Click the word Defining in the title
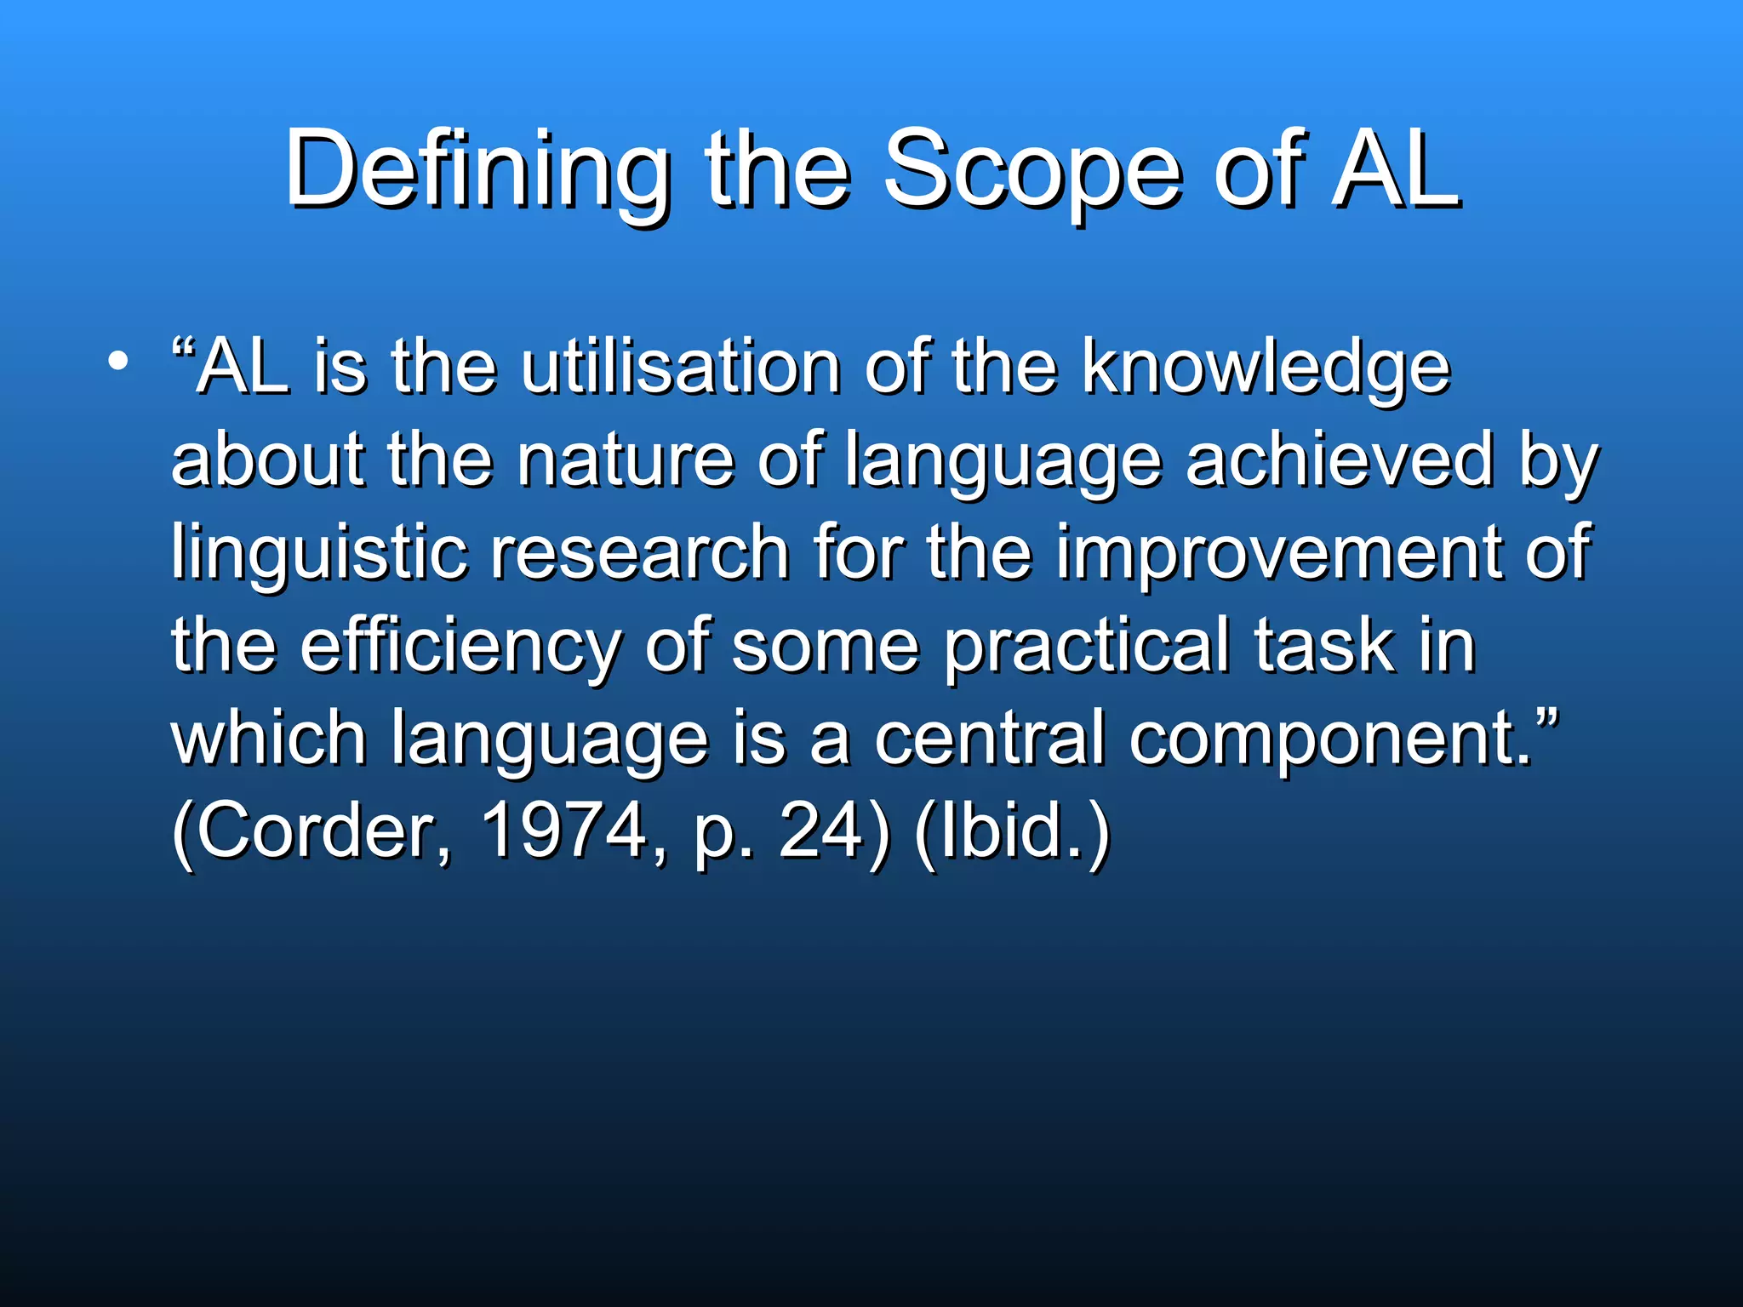coord(477,170)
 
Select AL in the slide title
coord(1397,170)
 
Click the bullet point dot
coord(118,361)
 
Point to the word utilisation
coord(681,368)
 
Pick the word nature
coord(626,461)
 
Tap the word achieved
coord(1340,459)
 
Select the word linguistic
coord(320,553)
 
